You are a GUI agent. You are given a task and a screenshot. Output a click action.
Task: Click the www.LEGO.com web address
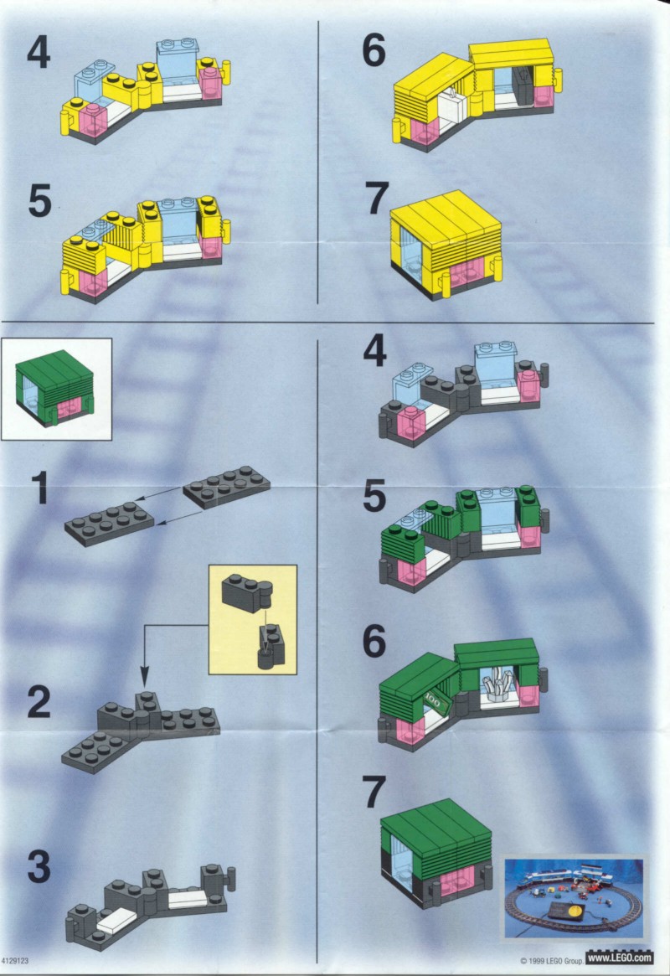point(620,958)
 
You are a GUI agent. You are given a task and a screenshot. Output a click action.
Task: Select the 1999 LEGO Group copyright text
point(551,961)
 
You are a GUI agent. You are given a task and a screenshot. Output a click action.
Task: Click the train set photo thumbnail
point(574,898)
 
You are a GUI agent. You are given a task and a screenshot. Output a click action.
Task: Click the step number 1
point(41,488)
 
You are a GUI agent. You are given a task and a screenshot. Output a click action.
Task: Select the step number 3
point(39,866)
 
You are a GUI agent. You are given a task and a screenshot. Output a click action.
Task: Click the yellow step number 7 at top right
point(376,198)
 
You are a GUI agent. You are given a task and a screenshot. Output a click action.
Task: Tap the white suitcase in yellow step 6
point(452,110)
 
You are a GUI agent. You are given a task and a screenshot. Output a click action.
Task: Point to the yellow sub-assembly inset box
point(253,619)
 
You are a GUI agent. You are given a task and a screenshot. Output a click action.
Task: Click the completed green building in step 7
point(436,854)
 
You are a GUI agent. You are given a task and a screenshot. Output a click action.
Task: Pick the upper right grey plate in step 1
point(226,487)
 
